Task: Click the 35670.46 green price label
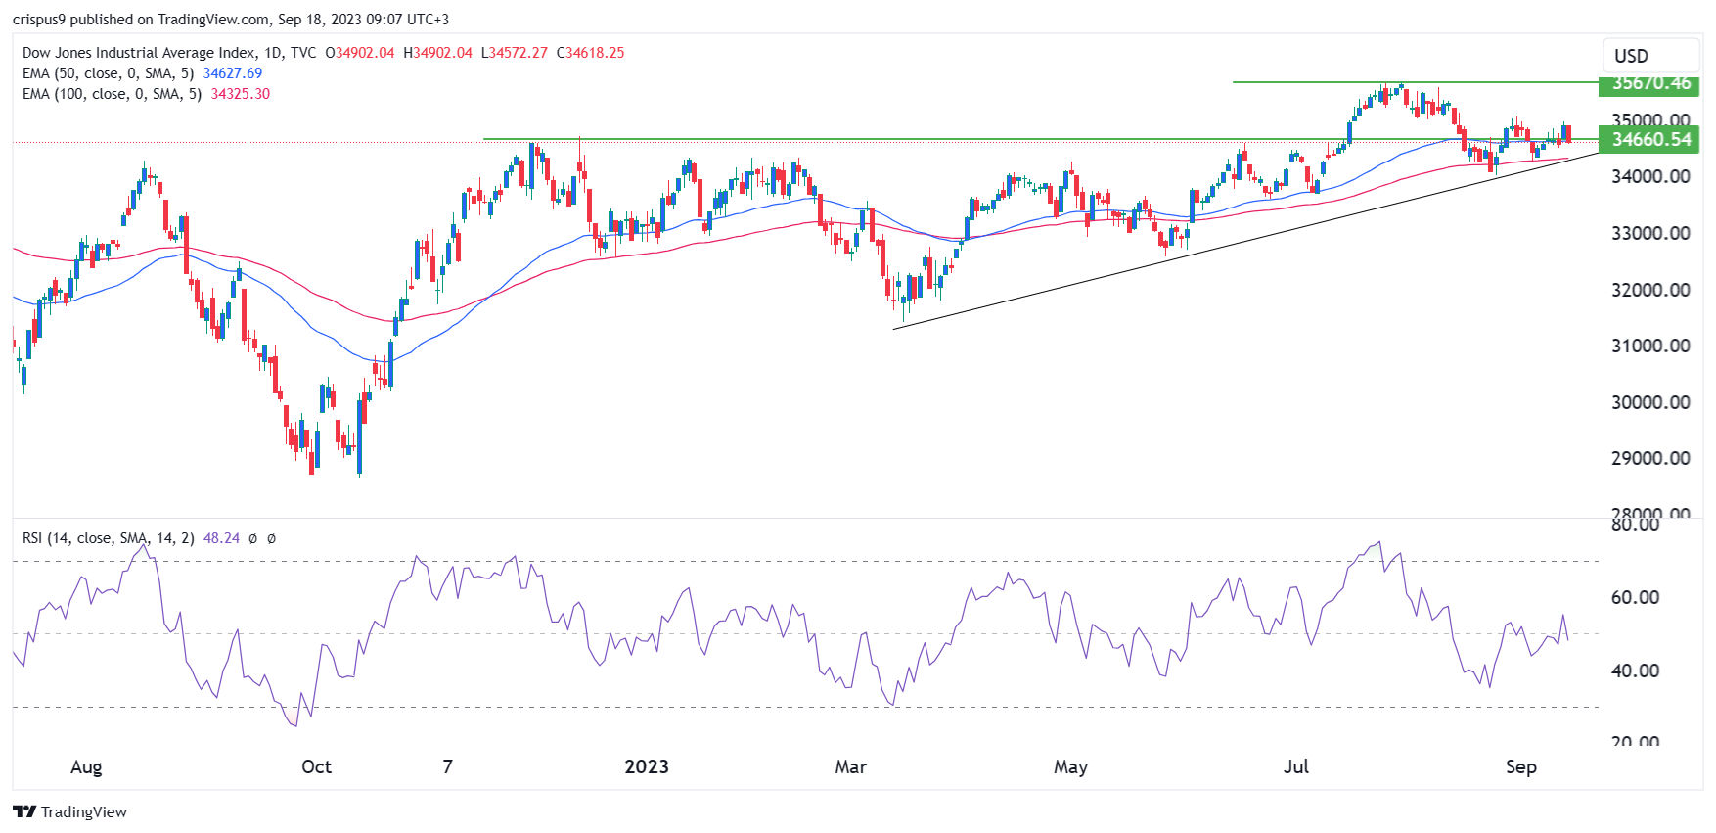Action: pos(1648,83)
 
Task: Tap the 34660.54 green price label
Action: pos(1648,139)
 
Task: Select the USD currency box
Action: pos(1631,56)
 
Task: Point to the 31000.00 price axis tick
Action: pos(1650,346)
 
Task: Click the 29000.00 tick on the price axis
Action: pos(1650,458)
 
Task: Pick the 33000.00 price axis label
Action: pos(1650,233)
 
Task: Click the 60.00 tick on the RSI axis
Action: pos(1635,597)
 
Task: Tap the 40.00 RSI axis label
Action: pos(1635,671)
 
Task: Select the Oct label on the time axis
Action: pos(316,766)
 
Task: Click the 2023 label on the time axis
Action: pos(647,766)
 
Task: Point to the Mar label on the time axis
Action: pos(850,766)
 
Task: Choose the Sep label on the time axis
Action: pos(1520,766)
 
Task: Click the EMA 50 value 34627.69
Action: pos(232,73)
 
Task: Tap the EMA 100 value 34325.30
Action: pos(240,94)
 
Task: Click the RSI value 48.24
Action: pos(221,538)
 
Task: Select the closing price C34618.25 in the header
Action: pos(590,53)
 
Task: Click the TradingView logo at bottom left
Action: pos(70,811)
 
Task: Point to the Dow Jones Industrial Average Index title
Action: pos(139,53)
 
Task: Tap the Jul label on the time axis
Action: pos(1295,766)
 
